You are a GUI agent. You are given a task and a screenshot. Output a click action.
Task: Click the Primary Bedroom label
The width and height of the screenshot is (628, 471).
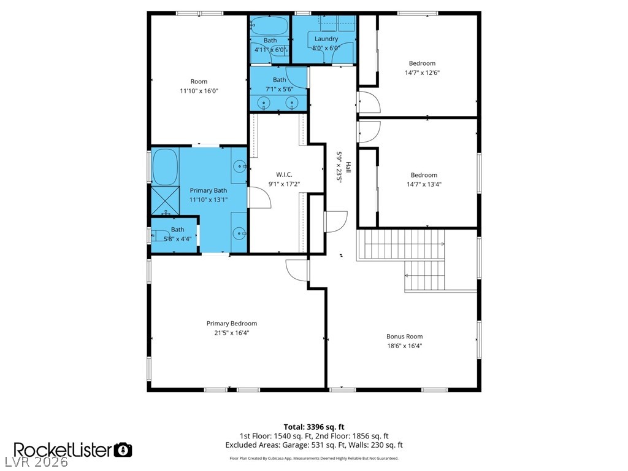pos(231,324)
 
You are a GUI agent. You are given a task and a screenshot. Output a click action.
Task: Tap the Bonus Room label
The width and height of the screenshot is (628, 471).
pos(404,337)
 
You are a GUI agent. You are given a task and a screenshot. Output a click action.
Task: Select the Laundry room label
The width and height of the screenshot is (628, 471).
pos(326,39)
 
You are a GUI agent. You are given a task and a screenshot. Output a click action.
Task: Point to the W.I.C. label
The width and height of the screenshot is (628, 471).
pos(284,174)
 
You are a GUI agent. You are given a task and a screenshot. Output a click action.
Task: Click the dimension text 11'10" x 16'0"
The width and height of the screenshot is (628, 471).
pos(199,91)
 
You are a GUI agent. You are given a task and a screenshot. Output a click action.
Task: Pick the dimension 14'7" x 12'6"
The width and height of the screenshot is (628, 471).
pos(422,72)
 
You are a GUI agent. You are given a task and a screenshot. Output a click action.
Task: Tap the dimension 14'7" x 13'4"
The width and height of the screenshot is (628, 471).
pos(424,185)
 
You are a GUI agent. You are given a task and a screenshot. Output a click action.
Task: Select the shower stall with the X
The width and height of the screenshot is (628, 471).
pos(166,201)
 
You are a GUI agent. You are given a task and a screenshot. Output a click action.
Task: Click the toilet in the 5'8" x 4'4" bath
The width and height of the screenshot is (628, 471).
pos(159,235)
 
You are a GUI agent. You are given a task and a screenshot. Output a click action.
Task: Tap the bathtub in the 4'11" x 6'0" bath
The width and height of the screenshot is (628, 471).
pos(270,26)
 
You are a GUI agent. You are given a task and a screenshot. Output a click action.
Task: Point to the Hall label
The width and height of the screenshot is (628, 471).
pos(348,167)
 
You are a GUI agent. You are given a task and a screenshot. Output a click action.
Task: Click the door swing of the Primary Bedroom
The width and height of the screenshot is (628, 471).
pos(297,270)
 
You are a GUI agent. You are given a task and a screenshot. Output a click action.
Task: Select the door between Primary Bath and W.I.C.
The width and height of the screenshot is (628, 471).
pos(259,197)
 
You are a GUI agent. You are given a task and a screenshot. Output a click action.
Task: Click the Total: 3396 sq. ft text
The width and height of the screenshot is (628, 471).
pos(314,427)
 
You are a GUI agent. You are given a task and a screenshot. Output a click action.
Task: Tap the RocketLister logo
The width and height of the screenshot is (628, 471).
pos(63,450)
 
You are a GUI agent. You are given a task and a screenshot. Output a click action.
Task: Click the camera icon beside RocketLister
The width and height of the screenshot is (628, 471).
pos(123,450)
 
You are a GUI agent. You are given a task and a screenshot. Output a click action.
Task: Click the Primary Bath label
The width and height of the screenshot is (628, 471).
pos(209,190)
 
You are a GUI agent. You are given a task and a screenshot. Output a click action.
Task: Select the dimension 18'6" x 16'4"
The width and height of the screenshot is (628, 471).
pos(404,346)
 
